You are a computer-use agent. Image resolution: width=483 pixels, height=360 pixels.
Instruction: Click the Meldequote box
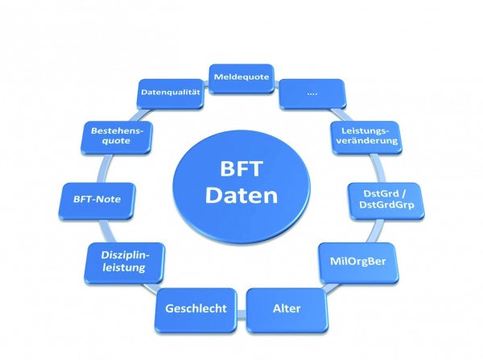[x=241, y=77]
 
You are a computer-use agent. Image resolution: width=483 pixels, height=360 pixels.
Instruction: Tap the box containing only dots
[x=312, y=93]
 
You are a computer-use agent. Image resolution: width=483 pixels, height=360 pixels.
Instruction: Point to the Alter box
[x=286, y=308]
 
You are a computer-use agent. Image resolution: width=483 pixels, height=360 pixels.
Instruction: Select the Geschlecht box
[x=195, y=308]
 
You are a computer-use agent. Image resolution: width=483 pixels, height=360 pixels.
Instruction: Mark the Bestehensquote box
[x=110, y=134]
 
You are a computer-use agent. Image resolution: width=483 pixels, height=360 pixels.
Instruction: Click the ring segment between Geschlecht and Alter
[x=241, y=309]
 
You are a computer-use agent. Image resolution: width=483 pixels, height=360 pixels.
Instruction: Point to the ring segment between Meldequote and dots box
[x=276, y=82]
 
